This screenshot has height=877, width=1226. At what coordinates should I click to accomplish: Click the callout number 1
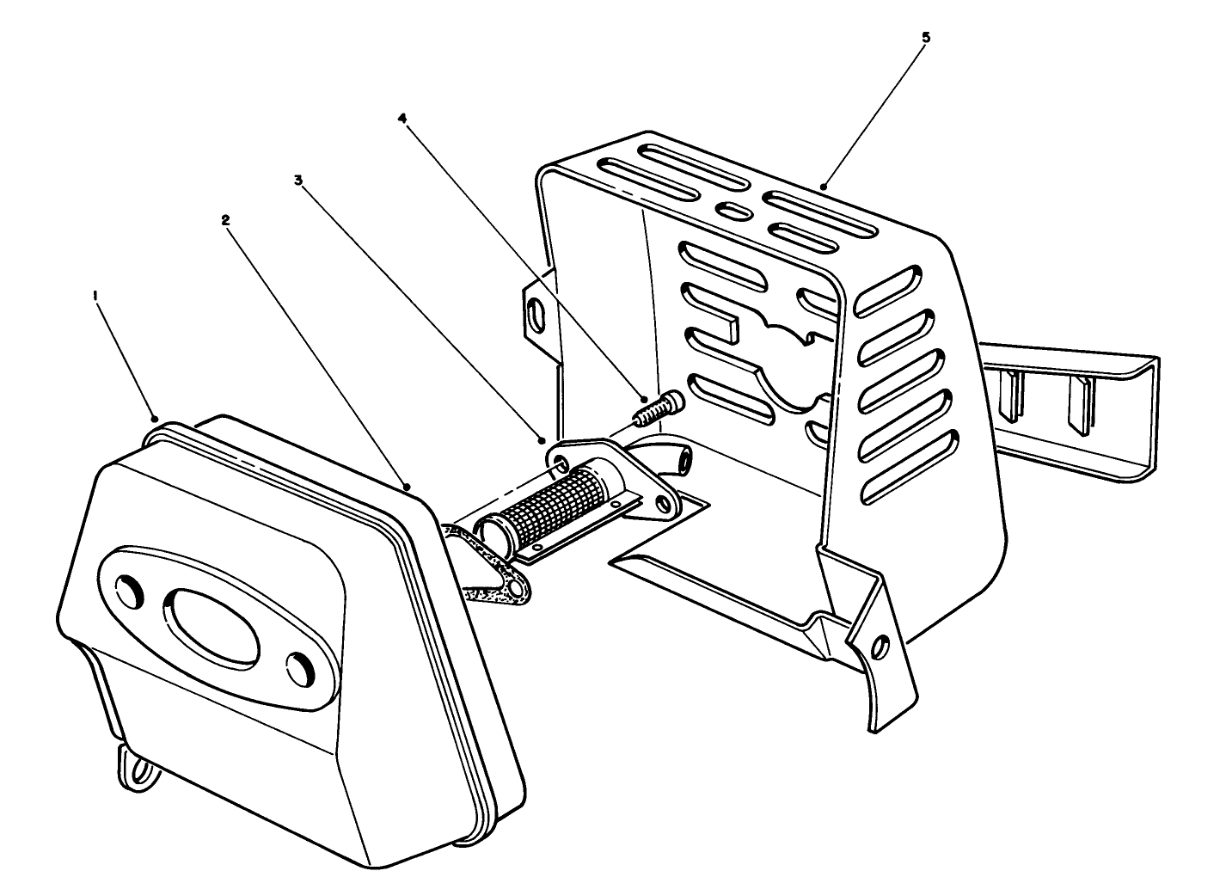pyautogui.click(x=95, y=296)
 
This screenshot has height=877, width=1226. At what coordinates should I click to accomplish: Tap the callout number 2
pyautogui.click(x=225, y=220)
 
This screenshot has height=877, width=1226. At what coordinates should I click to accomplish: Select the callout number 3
pyautogui.click(x=298, y=180)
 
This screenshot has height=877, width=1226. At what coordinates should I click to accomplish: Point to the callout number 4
pyautogui.click(x=403, y=119)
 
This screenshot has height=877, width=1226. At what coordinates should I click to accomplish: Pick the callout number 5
pyautogui.click(x=926, y=37)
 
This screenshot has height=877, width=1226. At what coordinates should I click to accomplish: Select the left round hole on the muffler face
pyautogui.click(x=130, y=592)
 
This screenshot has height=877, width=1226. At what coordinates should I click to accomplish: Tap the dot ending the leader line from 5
pyautogui.click(x=823, y=187)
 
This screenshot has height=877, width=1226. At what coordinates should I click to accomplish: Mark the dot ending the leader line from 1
pyautogui.click(x=155, y=420)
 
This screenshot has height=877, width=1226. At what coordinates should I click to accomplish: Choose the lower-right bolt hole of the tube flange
pyautogui.click(x=664, y=501)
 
